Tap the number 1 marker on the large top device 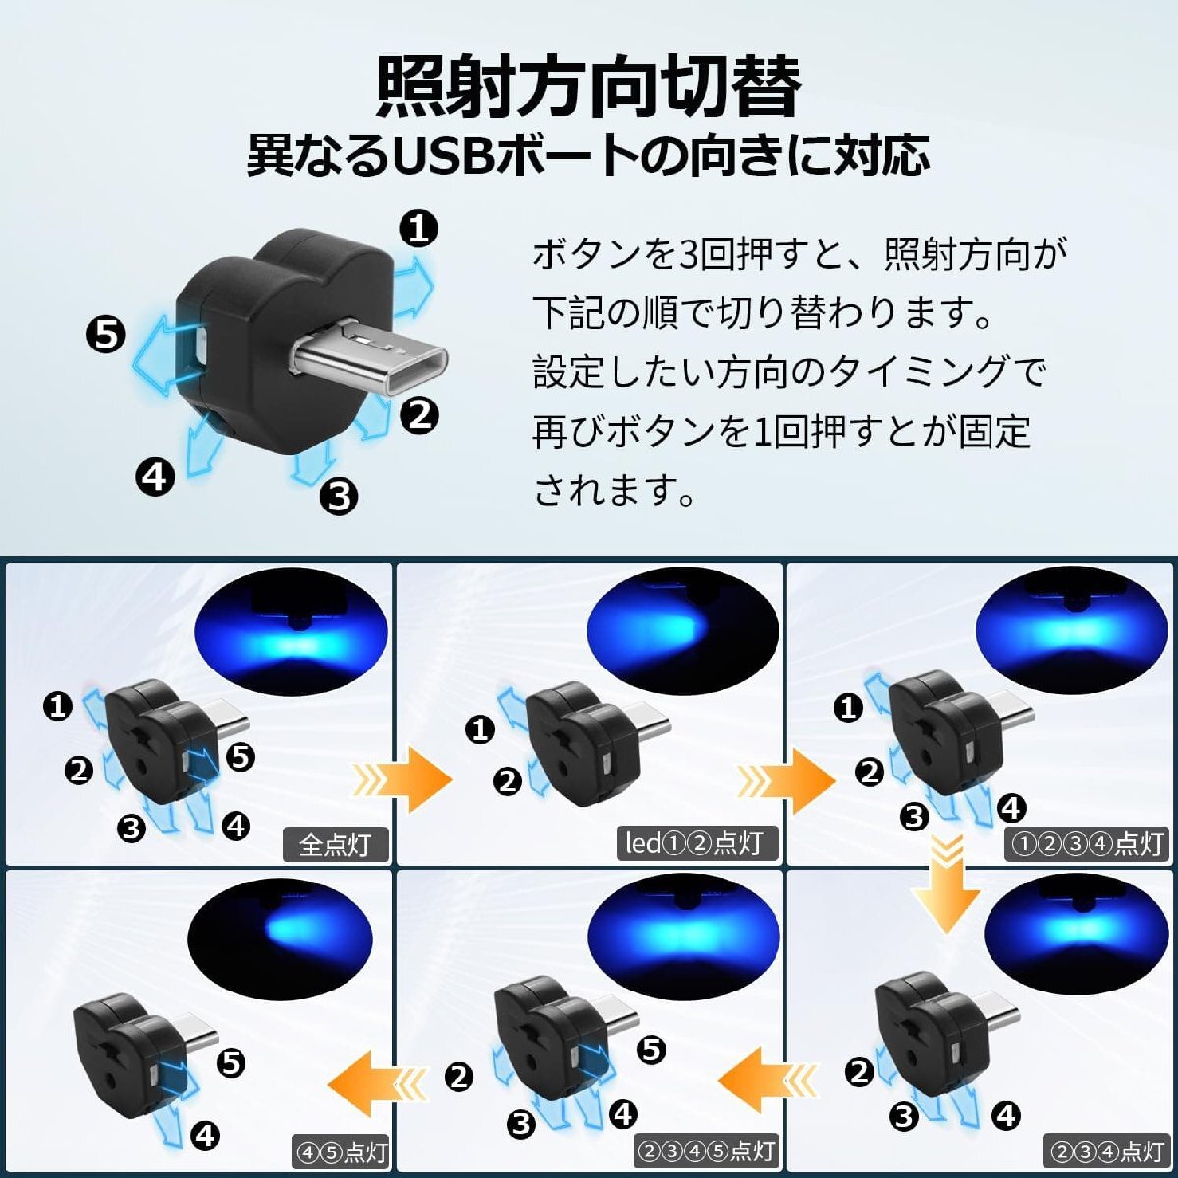point(419,229)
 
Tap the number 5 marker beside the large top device point(105,335)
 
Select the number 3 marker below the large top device point(340,496)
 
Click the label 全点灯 point(335,844)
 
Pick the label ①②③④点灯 point(1086,844)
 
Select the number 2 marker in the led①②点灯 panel point(508,781)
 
